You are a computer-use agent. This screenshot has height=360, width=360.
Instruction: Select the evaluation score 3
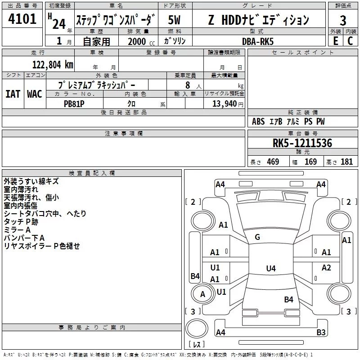click(343, 21)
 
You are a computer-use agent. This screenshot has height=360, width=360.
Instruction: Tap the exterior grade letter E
click(335, 40)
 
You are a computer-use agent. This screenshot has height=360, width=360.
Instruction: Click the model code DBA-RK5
click(257, 41)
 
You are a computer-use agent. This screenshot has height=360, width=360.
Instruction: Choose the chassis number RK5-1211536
click(302, 144)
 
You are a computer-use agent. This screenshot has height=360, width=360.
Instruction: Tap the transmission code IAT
click(13, 94)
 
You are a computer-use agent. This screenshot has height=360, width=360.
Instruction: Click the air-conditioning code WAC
click(35, 94)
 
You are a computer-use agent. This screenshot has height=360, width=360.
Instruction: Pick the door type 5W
click(174, 20)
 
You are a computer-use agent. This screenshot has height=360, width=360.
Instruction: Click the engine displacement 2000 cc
click(140, 41)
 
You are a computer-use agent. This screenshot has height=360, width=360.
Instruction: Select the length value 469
click(273, 162)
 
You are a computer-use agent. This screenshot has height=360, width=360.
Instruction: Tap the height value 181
click(346, 162)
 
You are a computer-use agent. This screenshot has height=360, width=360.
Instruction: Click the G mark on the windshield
click(257, 237)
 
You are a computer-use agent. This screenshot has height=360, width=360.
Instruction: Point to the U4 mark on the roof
click(270, 269)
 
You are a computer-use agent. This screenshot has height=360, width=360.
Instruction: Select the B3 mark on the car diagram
click(321, 333)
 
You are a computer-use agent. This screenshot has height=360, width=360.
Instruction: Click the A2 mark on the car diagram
click(326, 268)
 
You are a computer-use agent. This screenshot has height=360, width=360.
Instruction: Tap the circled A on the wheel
click(202, 294)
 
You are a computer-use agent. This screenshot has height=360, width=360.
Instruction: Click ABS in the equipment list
click(258, 121)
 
